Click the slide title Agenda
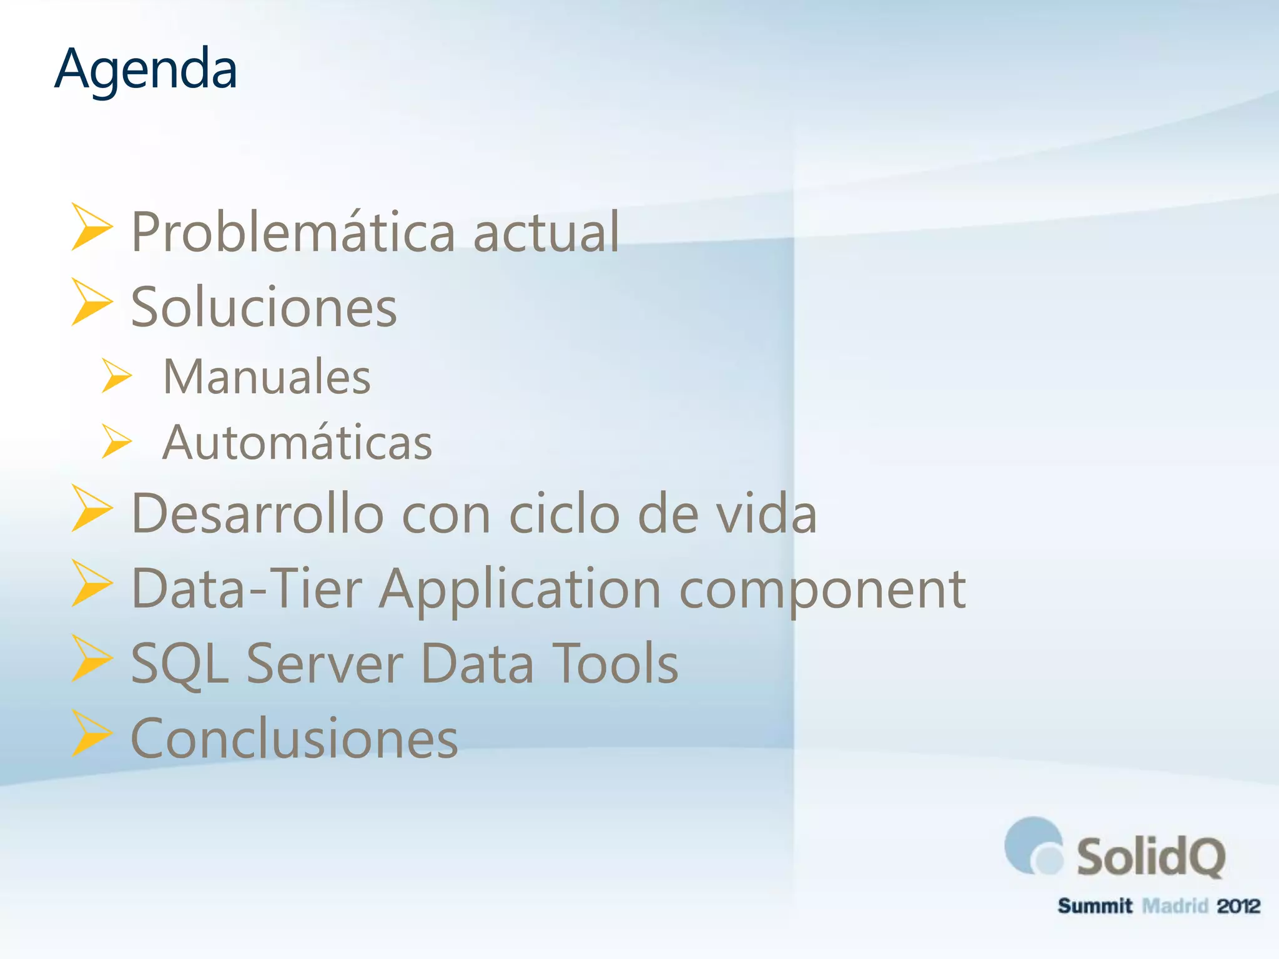tap(146, 69)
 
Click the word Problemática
tap(293, 232)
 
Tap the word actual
tap(546, 232)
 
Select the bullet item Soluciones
tap(264, 307)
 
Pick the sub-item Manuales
tap(267, 377)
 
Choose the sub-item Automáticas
tap(297, 443)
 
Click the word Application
tap(520, 590)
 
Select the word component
tap(822, 590)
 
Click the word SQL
tap(180, 664)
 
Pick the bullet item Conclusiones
tap(294, 739)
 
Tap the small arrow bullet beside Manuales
tap(116, 376)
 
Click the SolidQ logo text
tap(1150, 857)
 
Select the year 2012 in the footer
tap(1238, 906)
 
